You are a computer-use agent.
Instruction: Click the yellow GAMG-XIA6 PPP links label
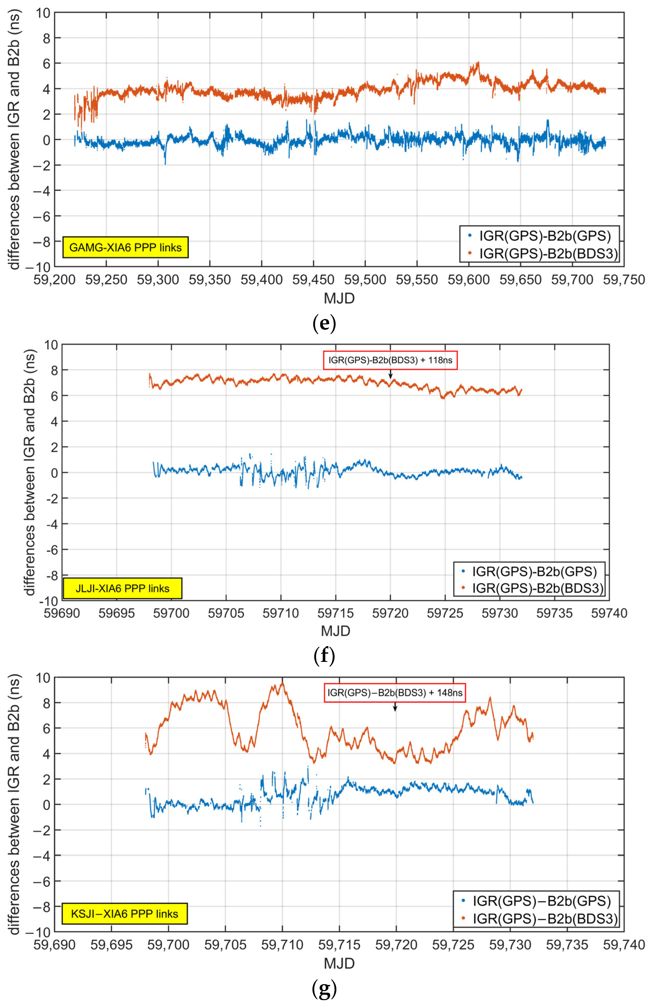pyautogui.click(x=125, y=247)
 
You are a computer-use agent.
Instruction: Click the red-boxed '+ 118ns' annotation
pyautogui.click(x=390, y=360)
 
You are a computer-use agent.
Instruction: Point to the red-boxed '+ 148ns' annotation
pyautogui.click(x=395, y=692)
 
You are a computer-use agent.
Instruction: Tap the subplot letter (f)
pyautogui.click(x=324, y=655)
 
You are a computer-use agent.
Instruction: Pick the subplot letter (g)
pyautogui.click(x=324, y=989)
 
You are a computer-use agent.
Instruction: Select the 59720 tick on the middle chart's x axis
pyautogui.click(x=390, y=613)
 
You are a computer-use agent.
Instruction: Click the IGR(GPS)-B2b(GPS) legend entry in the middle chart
pyautogui.click(x=529, y=571)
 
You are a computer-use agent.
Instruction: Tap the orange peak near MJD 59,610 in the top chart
pyautogui.click(x=478, y=63)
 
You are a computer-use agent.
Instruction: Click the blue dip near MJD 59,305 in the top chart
pyautogui.click(x=165, y=163)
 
